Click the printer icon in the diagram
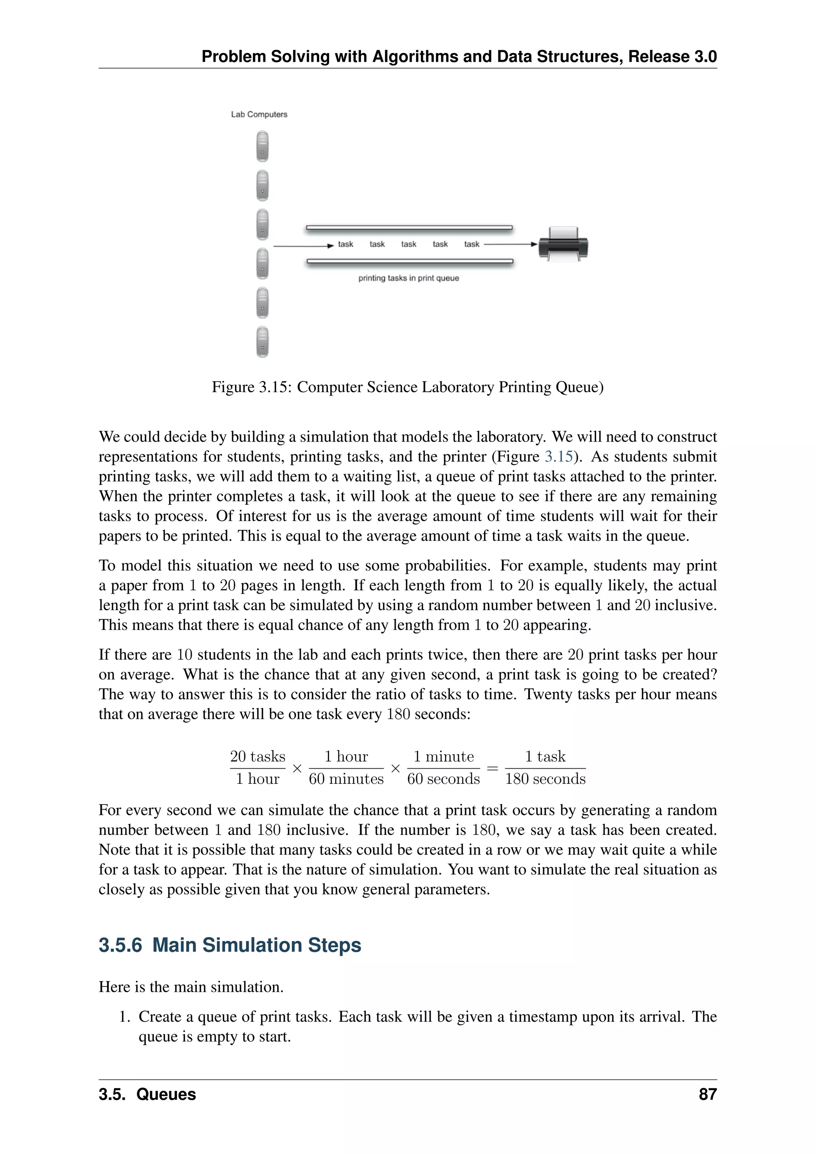[x=563, y=244]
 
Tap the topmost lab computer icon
[x=262, y=146]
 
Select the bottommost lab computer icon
[x=262, y=342]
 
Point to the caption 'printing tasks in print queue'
[x=408, y=279]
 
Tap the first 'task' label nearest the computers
[x=346, y=244]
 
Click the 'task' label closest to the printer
[x=472, y=244]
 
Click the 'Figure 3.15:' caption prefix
[x=252, y=387]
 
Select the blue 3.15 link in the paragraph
[x=559, y=456]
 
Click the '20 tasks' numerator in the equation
[x=257, y=756]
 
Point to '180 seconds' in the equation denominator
[x=545, y=779]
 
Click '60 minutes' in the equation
[x=346, y=779]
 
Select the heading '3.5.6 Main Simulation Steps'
[x=229, y=945]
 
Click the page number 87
[x=708, y=1095]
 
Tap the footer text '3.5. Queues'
[x=147, y=1095]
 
